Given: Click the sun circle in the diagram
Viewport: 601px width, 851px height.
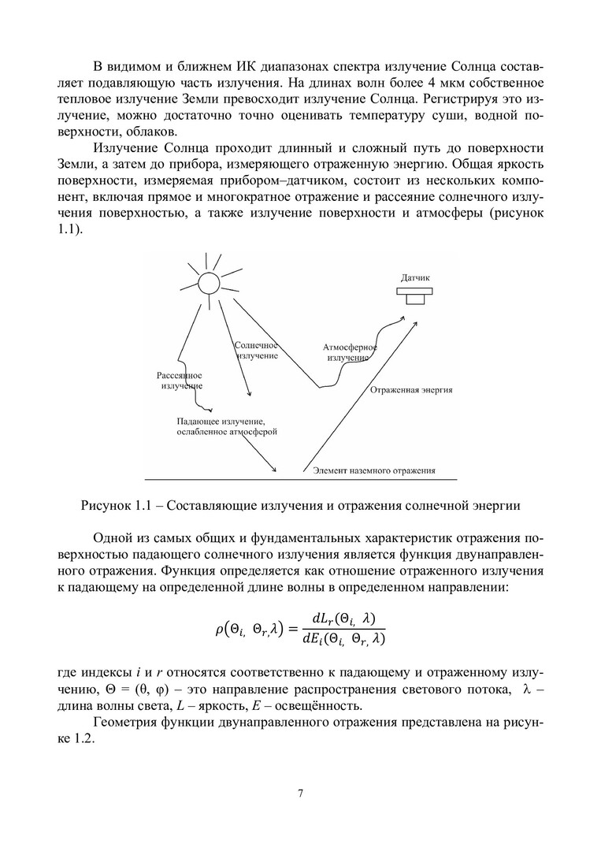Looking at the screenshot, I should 208,284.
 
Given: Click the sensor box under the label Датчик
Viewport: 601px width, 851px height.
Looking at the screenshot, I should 414,297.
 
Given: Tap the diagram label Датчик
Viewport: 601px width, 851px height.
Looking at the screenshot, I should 415,278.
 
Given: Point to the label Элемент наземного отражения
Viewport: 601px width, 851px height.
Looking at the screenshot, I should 374,470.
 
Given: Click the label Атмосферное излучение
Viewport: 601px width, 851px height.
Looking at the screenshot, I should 350,352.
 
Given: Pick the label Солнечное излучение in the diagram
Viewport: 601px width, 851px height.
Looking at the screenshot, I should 257,350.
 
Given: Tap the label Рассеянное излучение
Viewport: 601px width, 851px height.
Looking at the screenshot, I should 180,381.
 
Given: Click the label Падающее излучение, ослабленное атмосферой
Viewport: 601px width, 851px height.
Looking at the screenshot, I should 227,426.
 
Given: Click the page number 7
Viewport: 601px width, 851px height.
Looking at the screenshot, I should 300,793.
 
